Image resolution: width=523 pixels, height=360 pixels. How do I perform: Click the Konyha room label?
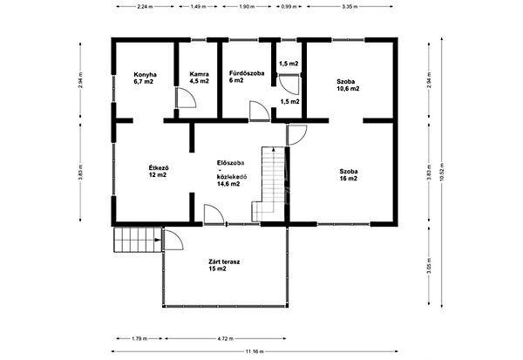pyautogui.click(x=145, y=78)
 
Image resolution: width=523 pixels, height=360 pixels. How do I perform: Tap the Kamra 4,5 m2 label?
pyautogui.click(x=199, y=77)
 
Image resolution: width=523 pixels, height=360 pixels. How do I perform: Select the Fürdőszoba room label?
pyautogui.click(x=247, y=77)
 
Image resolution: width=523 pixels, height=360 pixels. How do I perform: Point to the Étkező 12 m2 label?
pyautogui.click(x=159, y=171)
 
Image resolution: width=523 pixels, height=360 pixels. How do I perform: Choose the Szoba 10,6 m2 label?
pyautogui.click(x=348, y=85)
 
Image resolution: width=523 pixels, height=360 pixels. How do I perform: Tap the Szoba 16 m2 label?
pyautogui.click(x=349, y=175)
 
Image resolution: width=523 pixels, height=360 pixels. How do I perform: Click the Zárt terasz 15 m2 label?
pyautogui.click(x=224, y=265)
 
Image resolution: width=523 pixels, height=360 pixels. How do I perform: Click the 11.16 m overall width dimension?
pyautogui.click(x=255, y=351)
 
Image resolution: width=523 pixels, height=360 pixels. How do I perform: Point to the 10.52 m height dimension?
pyautogui.click(x=442, y=173)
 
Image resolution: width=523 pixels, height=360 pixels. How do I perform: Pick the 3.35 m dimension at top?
pyautogui.click(x=350, y=6)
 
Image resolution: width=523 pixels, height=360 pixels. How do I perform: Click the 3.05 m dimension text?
pyautogui.click(x=429, y=266)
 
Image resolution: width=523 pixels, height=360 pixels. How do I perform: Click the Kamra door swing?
pyautogui.click(x=186, y=98)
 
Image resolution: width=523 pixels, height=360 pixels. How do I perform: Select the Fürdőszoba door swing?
pyautogui.click(x=260, y=111)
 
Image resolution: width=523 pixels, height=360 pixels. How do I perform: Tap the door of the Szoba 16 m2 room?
pyautogui.click(x=297, y=135)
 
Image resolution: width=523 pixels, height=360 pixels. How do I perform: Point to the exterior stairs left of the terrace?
pyautogui.click(x=138, y=240)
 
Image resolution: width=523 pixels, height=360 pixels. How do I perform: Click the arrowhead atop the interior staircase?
pyautogui.click(x=274, y=149)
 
